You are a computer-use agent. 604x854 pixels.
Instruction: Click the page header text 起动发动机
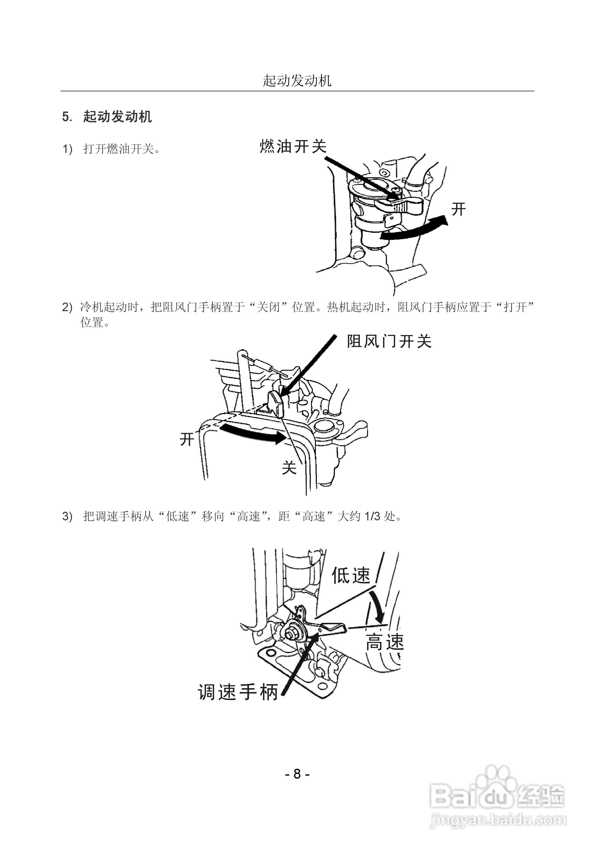pos(297,81)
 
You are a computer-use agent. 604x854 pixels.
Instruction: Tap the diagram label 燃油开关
pos(293,146)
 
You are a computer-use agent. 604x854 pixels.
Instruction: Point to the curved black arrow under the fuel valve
pos(413,228)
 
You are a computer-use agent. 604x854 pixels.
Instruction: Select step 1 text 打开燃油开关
pos(122,149)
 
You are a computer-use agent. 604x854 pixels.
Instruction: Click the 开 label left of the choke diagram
pos(187,439)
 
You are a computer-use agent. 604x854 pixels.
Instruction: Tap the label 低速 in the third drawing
pos(351,575)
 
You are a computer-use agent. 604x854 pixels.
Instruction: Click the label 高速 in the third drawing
pos(384,642)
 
